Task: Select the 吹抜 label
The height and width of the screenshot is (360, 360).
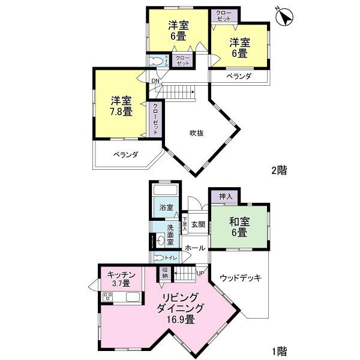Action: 197,133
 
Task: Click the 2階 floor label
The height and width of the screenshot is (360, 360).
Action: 279,170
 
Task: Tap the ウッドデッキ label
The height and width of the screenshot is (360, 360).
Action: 239,278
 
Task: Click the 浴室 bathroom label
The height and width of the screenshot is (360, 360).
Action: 166,208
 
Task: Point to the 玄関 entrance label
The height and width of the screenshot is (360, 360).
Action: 199,224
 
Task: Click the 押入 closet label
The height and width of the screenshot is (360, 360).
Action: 226,197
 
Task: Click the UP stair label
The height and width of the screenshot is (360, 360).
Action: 200,273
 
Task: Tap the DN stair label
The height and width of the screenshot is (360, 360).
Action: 155,81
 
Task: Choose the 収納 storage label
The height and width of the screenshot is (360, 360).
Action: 165,273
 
